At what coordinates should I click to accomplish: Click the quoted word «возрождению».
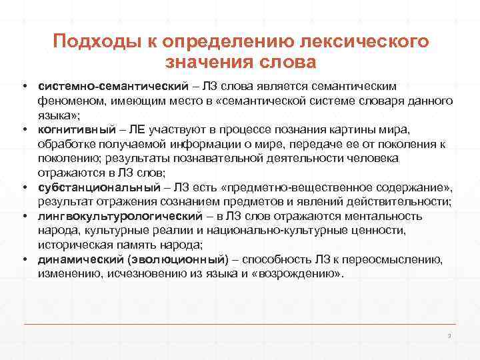click(x=305, y=273)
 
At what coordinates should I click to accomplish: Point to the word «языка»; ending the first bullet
click(x=54, y=115)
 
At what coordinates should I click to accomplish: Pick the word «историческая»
click(x=77, y=245)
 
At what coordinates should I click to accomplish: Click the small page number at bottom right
click(x=450, y=335)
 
